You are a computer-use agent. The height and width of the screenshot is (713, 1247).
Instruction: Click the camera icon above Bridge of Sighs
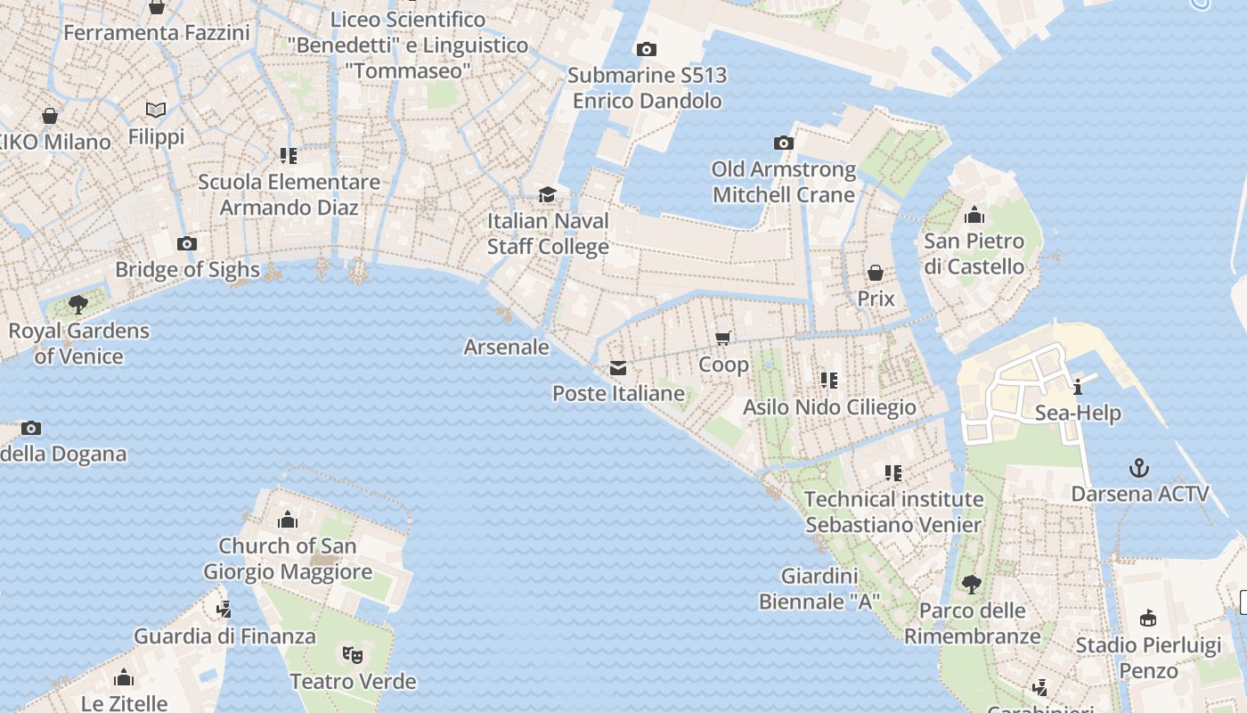(186, 243)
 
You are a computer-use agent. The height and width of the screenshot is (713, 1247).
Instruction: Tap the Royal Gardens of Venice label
(78, 343)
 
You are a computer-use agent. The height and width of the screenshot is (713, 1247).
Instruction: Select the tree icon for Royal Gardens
(78, 304)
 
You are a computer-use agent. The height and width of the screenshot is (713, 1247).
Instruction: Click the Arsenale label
(506, 347)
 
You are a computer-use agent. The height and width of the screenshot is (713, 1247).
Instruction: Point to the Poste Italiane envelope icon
(618, 367)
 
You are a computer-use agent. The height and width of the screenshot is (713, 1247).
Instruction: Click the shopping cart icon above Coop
(723, 338)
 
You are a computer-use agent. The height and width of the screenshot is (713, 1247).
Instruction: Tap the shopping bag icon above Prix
(876, 273)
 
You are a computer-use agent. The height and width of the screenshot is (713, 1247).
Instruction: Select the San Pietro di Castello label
(974, 253)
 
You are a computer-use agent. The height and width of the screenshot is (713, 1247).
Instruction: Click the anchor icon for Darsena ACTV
(1138, 468)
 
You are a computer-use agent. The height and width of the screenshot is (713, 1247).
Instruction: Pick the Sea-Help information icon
(1078, 387)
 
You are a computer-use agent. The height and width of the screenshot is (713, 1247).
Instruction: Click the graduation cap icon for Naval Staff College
(547, 194)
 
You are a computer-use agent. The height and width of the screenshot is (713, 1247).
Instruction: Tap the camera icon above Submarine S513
(647, 50)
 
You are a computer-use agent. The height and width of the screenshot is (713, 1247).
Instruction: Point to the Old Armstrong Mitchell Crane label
(784, 182)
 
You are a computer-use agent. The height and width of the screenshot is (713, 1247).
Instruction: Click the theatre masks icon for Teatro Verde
(354, 655)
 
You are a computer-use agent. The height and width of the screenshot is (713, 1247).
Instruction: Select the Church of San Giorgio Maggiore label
(288, 559)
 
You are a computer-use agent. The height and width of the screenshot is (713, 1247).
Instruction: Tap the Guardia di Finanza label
(224, 636)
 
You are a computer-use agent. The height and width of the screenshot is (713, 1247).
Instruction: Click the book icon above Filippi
(156, 111)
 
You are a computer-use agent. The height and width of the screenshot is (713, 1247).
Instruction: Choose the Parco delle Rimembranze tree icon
(972, 585)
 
